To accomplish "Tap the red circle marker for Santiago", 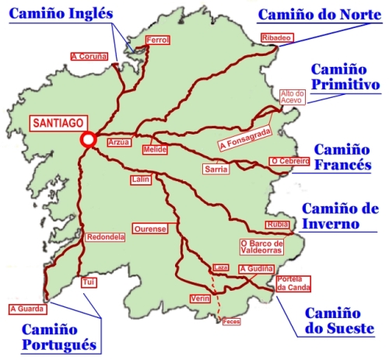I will (x=88, y=140).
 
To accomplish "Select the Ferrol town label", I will (x=158, y=40).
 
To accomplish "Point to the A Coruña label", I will (x=89, y=56).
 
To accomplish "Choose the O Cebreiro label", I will (x=286, y=161).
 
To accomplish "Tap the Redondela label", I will (x=103, y=237).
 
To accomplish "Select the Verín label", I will (x=200, y=299).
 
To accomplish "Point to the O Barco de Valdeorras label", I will (x=262, y=246).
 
